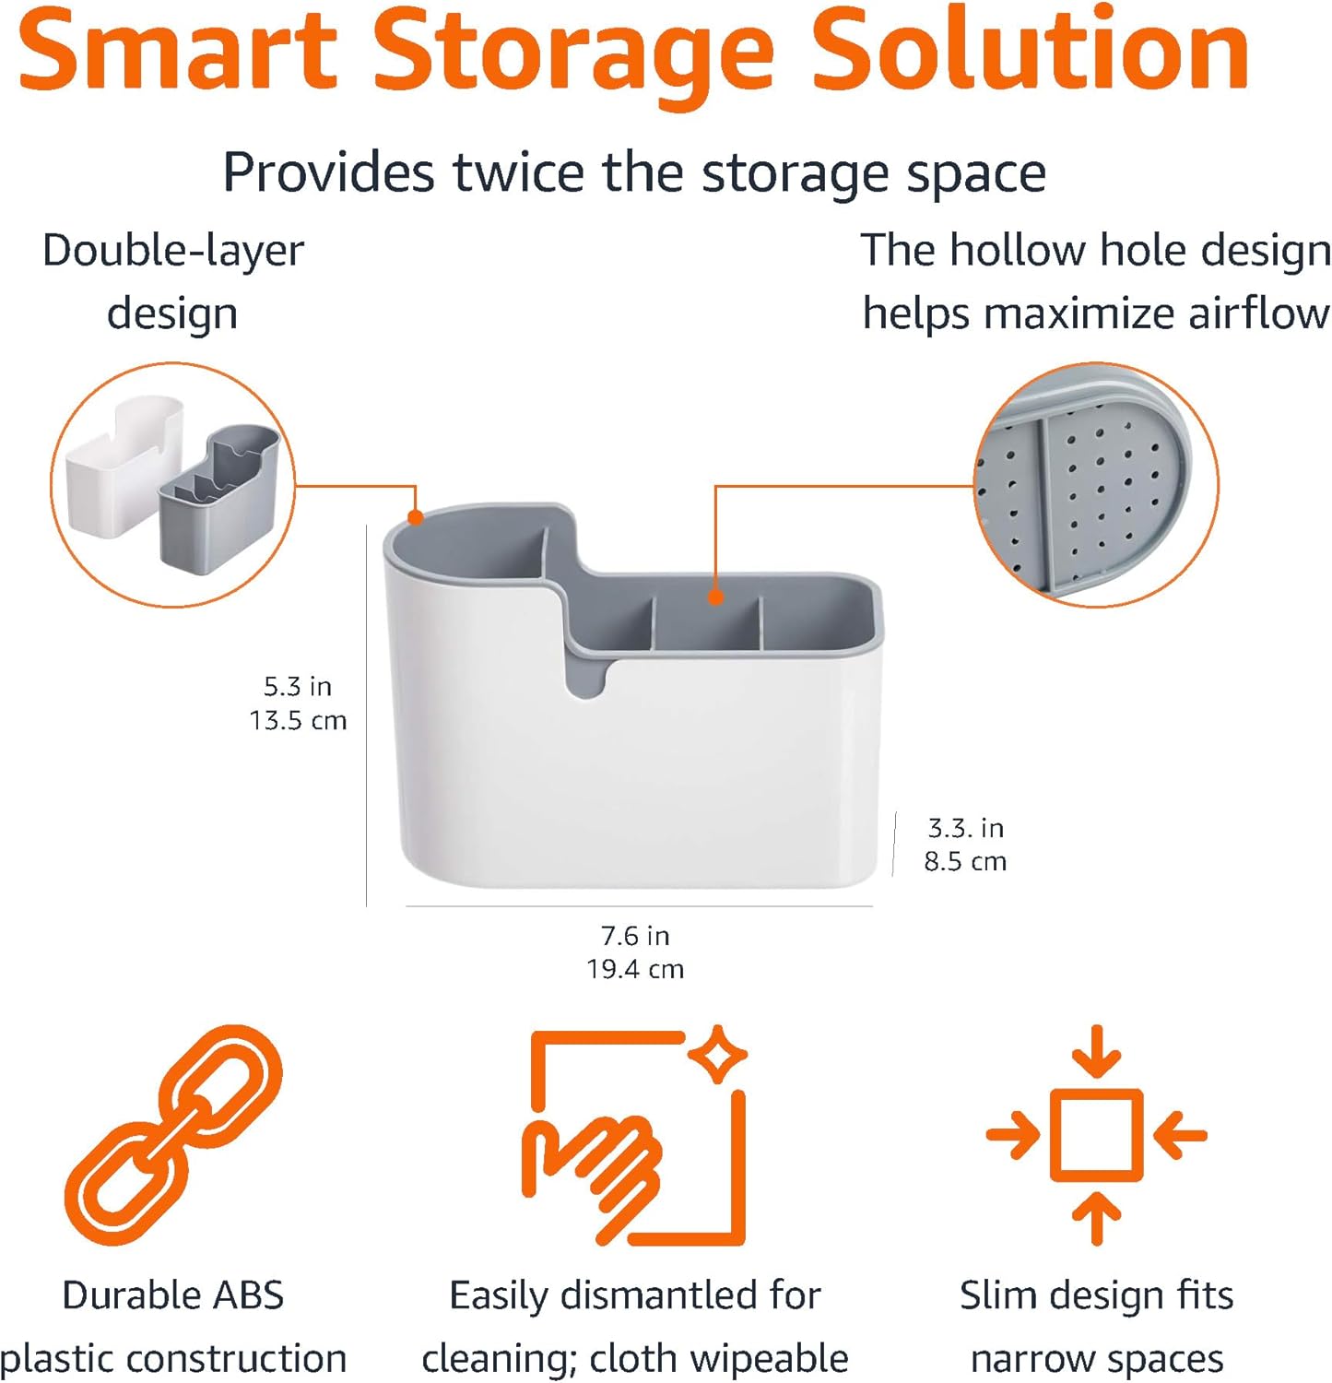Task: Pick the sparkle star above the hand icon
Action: click(718, 1055)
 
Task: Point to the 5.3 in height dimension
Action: click(297, 687)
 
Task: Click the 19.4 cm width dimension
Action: click(635, 969)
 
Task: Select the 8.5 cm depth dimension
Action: click(965, 861)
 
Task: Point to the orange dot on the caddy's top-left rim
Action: click(416, 517)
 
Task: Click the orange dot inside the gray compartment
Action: click(715, 597)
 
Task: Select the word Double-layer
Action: click(173, 251)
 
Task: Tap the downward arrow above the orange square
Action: click(1097, 1051)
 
